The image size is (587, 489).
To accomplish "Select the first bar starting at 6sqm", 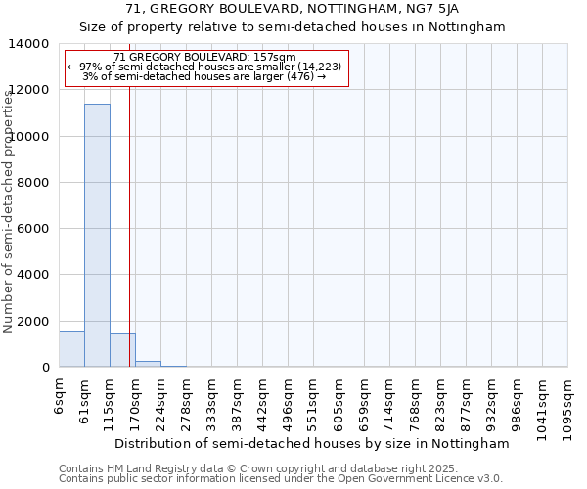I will (x=71, y=349).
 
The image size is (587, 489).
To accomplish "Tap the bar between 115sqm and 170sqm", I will (x=122, y=350).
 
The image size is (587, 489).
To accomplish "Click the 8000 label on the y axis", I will (x=34, y=183).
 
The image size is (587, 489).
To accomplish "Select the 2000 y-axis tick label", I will (x=34, y=322).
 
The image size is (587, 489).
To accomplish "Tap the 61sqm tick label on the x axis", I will (x=85, y=397).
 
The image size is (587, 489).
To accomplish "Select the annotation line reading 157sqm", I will (x=204, y=58).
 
